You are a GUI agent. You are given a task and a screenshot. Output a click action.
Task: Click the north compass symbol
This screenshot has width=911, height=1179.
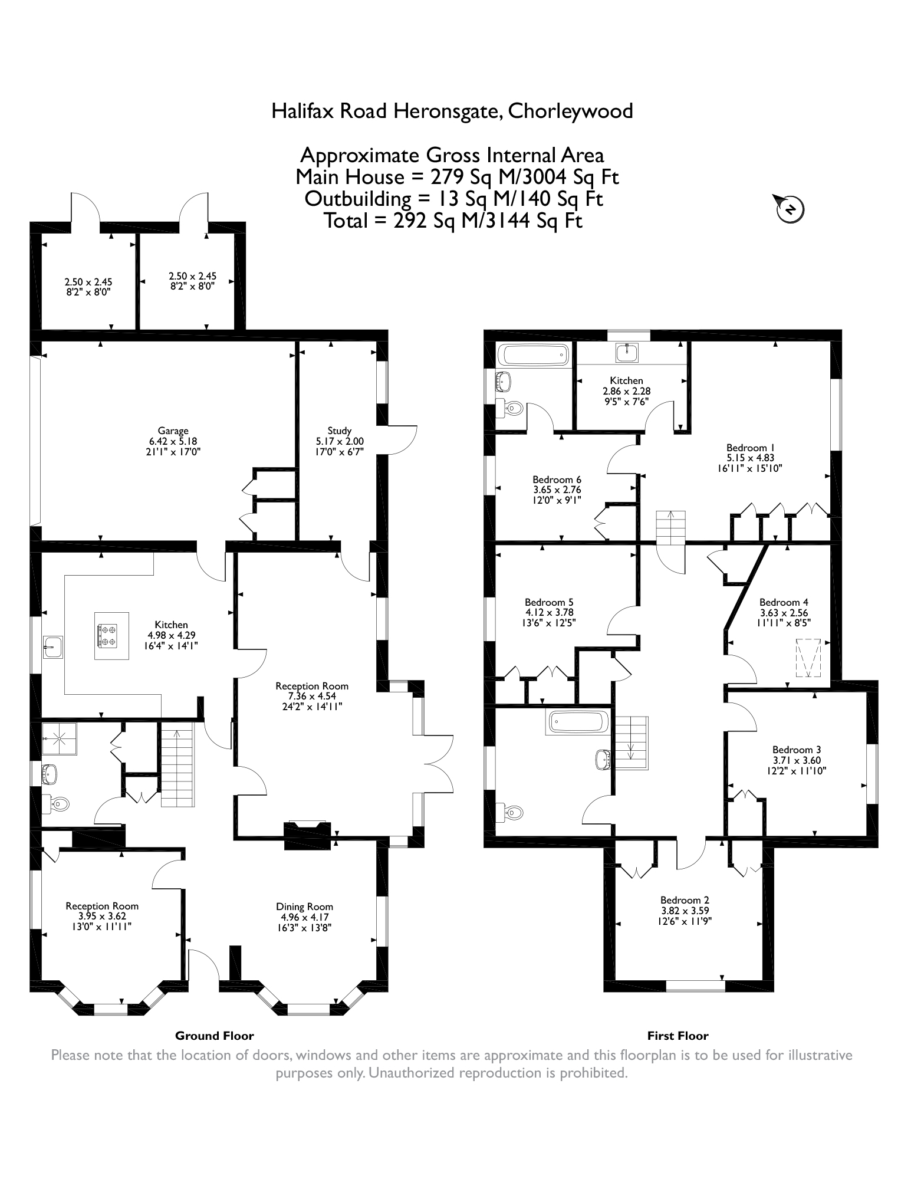(791, 208)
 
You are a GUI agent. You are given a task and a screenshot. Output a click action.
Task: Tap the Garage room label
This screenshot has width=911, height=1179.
(173, 431)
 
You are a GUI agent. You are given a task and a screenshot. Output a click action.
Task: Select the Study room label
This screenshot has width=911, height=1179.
(340, 431)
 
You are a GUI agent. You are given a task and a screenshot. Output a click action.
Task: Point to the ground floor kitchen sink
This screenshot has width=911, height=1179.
(53, 647)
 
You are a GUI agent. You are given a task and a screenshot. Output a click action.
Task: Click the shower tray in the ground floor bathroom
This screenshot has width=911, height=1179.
(60, 738)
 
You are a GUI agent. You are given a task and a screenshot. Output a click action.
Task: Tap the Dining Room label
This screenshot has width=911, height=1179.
(305, 907)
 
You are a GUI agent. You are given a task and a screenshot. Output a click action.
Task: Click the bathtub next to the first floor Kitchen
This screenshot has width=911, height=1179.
(534, 355)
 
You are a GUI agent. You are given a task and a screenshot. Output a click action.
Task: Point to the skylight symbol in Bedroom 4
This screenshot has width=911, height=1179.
(808, 658)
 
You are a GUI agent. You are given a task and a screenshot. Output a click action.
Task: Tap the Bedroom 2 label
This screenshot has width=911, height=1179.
(685, 900)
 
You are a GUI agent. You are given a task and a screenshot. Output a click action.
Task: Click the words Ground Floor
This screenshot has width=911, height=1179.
(215, 1036)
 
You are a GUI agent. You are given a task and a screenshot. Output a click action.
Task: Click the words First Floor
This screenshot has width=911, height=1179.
(678, 1036)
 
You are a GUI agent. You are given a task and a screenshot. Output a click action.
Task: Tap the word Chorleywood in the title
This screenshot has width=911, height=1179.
(571, 111)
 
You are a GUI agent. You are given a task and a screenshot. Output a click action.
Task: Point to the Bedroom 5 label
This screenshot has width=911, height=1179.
(549, 602)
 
